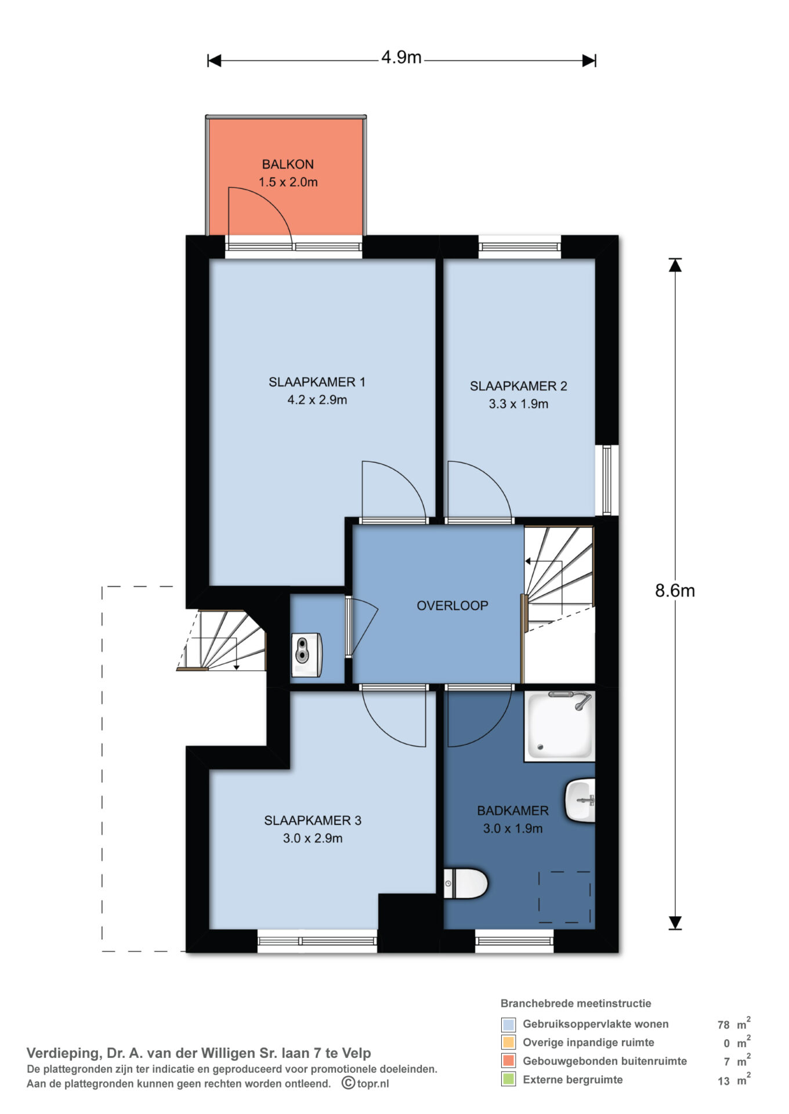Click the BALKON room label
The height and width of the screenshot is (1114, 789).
288,164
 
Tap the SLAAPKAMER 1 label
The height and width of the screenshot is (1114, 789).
317,382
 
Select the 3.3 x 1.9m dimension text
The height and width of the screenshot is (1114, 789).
518,404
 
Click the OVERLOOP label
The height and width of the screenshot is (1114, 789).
453,606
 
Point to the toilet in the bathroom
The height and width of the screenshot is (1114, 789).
465,884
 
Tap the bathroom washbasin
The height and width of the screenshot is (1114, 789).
580,801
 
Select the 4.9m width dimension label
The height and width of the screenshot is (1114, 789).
401,57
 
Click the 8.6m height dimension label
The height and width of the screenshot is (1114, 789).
675,591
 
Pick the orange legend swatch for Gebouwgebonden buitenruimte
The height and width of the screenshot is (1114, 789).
508,1061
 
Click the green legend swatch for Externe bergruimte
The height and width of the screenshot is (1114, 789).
508,1079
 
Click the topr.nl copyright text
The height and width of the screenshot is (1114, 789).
365,1083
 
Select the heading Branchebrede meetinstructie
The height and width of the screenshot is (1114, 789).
576,1003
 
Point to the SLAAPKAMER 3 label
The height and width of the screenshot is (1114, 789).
313,820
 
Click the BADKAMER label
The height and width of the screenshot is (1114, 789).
513,811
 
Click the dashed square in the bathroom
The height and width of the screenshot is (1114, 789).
564,897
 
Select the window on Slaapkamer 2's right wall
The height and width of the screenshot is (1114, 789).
607,480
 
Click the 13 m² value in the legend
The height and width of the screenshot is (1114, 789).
734,1080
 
